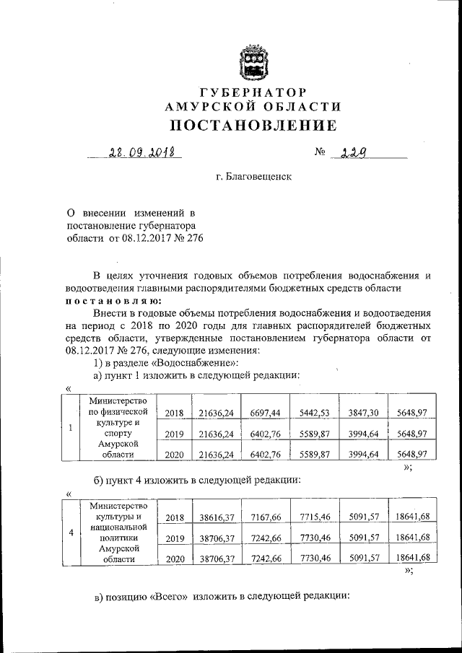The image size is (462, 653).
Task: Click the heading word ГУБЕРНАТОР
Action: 253,92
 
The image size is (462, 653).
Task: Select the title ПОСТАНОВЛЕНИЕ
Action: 253,126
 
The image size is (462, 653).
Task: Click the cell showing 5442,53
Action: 313,412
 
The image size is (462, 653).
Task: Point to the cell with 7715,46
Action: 313,517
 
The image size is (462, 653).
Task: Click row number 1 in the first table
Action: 69,427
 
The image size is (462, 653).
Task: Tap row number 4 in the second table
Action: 70,533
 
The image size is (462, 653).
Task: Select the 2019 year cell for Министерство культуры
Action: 175,538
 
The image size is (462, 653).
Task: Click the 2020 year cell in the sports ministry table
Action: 175,455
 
